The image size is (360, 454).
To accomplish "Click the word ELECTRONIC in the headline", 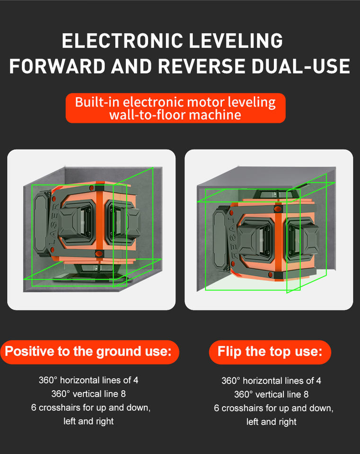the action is click(x=123, y=41).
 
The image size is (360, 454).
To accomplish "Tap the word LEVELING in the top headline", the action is click(x=236, y=41).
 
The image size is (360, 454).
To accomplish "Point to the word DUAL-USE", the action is click(x=301, y=66).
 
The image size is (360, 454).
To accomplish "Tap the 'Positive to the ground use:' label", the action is click(x=88, y=351).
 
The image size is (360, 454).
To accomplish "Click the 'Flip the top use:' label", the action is click(x=270, y=351).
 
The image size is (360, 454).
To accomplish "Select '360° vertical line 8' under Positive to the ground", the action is click(x=88, y=394).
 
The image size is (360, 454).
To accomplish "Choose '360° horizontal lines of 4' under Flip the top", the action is click(x=272, y=380).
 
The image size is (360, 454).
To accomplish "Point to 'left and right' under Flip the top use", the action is click(x=272, y=421).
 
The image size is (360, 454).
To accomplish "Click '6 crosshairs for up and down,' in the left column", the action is click(x=91, y=408).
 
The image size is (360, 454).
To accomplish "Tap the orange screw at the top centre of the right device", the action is click(x=278, y=209).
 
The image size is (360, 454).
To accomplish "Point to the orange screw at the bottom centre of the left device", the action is click(x=98, y=253).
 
